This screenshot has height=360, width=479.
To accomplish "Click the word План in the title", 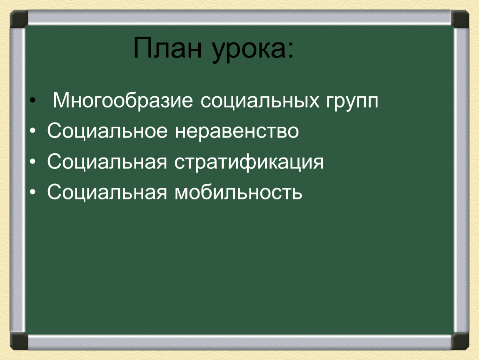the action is point(167,47).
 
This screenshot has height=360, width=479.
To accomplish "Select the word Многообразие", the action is point(123,101).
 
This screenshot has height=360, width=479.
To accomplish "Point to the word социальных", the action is point(260,101).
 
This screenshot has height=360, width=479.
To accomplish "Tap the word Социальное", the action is point(107,131).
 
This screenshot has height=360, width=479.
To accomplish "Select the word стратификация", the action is point(249,162).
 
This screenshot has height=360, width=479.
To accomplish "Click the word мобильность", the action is point(238,192).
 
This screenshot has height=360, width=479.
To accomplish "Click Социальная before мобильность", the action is point(107,192).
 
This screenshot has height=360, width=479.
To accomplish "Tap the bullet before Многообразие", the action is point(32,100).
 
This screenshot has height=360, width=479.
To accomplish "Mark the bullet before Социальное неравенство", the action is point(32,131).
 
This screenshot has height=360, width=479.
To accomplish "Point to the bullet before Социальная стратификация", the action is point(32,162).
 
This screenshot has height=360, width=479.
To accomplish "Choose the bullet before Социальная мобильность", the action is point(32,192).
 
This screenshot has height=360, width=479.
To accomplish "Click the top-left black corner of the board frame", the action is point(19,19).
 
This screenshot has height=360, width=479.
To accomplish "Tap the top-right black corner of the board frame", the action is point(460,19).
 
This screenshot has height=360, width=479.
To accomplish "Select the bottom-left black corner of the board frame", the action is point(19,341).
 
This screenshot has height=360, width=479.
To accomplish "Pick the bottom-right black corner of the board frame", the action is point(460,341).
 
